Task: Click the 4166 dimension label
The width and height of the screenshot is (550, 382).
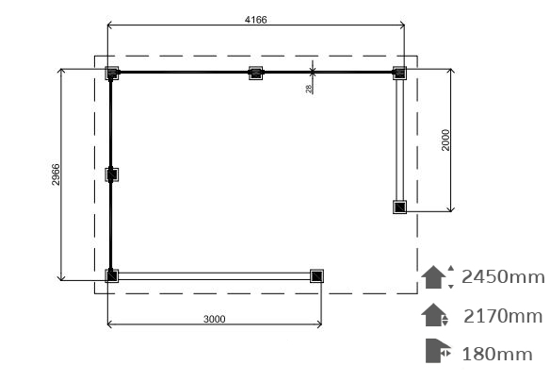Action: point(256,20)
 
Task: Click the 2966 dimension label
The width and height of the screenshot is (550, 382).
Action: point(56,174)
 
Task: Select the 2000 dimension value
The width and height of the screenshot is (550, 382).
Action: point(445,141)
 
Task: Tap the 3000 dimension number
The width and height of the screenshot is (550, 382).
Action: point(215,319)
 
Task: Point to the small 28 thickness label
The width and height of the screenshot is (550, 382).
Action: point(309,89)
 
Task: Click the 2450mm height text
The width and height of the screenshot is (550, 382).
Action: point(503,277)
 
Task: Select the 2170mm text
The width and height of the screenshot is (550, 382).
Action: point(503,316)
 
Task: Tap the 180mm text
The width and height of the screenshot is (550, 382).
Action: point(497,354)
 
